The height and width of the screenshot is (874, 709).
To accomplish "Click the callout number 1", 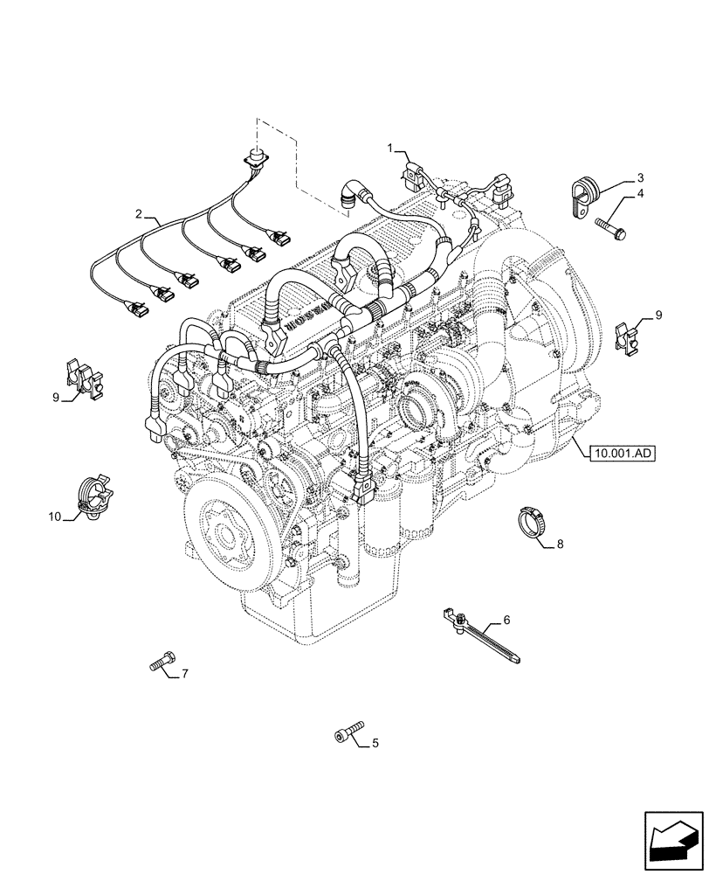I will point(392,149).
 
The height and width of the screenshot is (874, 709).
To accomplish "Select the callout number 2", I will point(138,213).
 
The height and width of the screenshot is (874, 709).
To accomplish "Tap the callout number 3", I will point(640,177).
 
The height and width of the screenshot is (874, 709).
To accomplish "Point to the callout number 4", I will point(640,193).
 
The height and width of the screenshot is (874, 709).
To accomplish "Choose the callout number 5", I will point(375,744).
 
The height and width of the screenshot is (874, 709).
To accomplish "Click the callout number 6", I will point(506,621).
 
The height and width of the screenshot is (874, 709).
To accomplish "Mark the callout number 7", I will point(183,674).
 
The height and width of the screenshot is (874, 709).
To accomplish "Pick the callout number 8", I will point(560,544).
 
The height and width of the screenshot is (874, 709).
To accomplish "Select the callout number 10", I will point(54,517).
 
